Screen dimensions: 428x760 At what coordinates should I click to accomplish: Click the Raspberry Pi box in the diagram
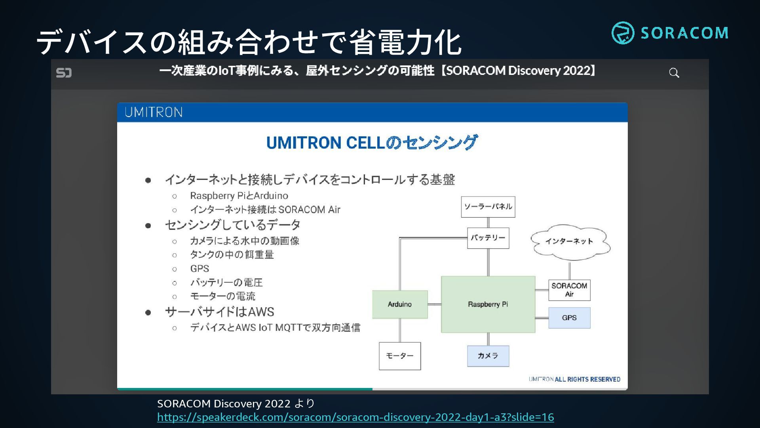(488, 304)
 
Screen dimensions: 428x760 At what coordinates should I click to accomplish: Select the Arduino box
(400, 304)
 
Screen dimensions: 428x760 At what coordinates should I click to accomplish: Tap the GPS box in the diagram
(569, 318)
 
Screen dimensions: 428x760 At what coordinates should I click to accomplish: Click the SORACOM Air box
(569, 290)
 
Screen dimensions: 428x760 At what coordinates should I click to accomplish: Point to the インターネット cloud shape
(570, 242)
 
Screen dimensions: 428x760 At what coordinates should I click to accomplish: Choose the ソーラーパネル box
(488, 207)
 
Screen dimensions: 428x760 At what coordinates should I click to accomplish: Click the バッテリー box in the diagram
(488, 238)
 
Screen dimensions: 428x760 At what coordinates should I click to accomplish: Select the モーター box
(400, 356)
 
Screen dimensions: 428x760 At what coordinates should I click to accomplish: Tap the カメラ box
(488, 356)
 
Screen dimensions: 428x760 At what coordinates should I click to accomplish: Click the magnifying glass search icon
(674, 73)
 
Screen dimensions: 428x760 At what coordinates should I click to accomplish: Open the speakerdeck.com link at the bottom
(355, 417)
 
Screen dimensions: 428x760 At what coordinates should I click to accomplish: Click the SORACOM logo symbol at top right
(623, 33)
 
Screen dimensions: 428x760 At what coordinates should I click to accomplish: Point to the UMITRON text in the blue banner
(154, 113)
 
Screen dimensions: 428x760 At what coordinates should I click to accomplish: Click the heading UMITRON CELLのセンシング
(372, 143)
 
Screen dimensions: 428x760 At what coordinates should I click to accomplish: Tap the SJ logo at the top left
(64, 73)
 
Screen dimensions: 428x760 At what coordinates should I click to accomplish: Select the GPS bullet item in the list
(199, 269)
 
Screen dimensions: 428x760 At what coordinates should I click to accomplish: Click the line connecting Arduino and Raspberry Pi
(434, 304)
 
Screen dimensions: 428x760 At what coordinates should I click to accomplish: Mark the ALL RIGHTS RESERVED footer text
(587, 379)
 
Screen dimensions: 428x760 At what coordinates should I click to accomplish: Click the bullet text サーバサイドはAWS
(219, 312)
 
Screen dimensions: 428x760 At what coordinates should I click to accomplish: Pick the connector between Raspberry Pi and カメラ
(488, 339)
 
